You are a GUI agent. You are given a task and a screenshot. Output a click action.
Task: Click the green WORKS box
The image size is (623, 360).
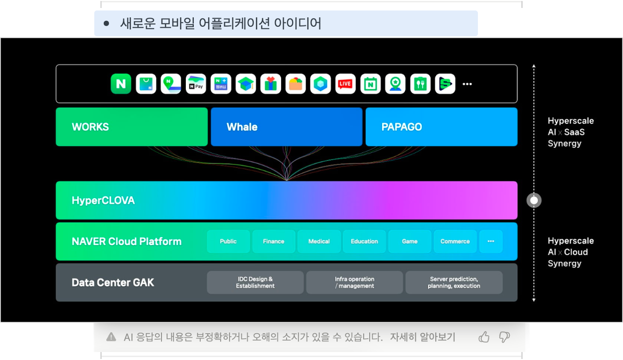(132, 127)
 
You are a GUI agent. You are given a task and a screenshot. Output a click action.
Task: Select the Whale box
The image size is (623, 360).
(287, 127)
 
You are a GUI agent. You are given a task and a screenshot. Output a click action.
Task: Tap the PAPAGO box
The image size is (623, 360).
(441, 127)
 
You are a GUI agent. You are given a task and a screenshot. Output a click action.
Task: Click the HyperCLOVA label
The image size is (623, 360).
(103, 201)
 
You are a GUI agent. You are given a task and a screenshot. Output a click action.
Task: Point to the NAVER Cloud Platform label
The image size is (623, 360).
(127, 242)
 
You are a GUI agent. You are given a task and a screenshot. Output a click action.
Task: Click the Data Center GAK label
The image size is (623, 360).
(113, 283)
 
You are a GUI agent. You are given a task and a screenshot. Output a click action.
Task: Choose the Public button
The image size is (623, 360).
(229, 242)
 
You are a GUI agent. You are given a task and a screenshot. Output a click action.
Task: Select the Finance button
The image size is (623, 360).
(274, 242)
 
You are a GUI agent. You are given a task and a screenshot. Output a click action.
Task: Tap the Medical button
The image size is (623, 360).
(319, 242)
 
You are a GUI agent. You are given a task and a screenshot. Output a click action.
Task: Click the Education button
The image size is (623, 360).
(364, 242)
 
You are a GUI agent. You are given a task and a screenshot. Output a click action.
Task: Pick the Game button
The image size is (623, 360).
(410, 242)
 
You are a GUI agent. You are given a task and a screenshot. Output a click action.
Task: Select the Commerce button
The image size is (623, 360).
(455, 242)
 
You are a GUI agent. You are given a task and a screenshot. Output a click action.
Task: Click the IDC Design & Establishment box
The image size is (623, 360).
(255, 283)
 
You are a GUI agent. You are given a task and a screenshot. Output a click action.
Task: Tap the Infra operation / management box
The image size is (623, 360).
(355, 283)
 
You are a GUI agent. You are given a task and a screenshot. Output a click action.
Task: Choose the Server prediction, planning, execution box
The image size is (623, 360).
(454, 283)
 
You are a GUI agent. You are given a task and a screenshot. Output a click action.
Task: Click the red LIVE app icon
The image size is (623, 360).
(345, 84)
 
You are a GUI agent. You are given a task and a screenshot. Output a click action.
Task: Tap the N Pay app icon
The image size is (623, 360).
(196, 84)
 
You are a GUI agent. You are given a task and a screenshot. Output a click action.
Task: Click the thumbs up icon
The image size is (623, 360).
(484, 337)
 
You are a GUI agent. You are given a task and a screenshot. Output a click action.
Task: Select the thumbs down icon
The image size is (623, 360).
(504, 337)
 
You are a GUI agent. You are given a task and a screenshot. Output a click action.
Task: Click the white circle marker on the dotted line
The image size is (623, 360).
(534, 201)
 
